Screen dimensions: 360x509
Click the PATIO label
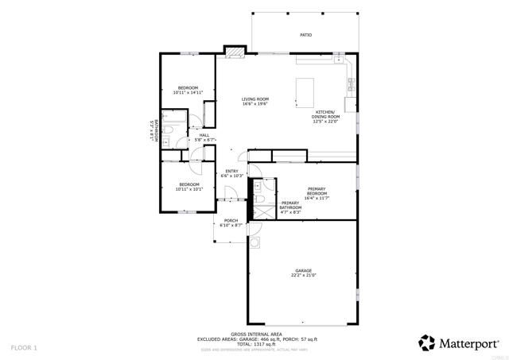coord(305,35)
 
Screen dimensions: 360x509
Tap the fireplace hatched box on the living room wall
coord(235,53)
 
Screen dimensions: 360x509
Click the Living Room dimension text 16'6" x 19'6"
coord(255,104)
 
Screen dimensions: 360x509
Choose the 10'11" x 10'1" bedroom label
coord(188,189)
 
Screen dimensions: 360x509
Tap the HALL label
coord(204,136)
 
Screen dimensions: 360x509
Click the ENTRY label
coord(231,171)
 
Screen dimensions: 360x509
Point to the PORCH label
coord(231,221)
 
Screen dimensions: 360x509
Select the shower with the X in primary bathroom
coord(258,211)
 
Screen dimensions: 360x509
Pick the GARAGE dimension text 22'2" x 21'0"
coord(304,275)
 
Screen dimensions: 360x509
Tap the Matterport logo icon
coord(427,343)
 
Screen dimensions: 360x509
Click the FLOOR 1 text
coord(24,347)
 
